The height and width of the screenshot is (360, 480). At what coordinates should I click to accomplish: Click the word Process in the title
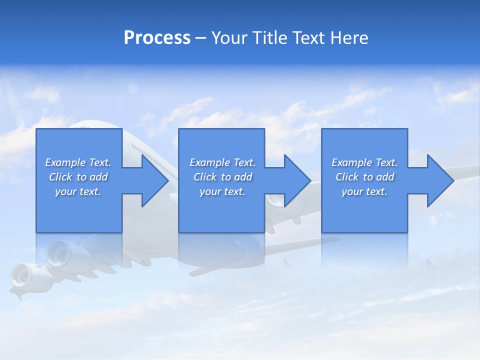[157, 37]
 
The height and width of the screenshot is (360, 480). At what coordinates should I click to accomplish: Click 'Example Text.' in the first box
[78, 162]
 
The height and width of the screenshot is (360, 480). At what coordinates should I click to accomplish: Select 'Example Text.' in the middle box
[222, 162]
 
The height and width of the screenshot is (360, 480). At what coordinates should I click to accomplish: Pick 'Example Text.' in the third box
[364, 162]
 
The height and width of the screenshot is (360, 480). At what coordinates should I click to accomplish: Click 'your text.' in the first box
[78, 191]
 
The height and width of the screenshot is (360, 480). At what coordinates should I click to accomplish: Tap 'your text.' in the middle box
[222, 191]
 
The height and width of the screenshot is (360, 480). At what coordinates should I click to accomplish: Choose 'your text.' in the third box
[364, 191]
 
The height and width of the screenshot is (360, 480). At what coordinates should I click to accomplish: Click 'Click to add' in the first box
[78, 177]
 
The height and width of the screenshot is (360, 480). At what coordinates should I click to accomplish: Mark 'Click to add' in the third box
[364, 177]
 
